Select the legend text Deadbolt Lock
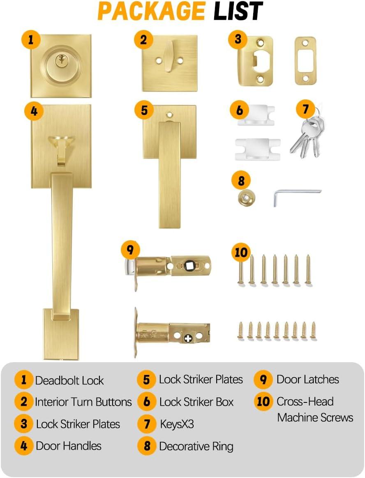69,380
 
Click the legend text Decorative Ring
196,446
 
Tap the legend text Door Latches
308,379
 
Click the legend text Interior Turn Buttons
83,402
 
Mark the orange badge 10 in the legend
263,402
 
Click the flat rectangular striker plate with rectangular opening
305,61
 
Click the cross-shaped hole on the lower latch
189,338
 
